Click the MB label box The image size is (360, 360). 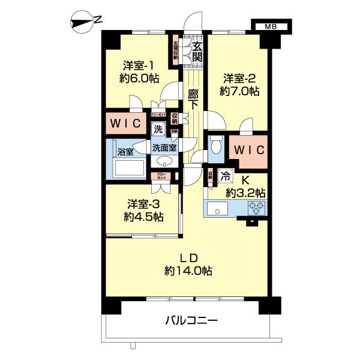click(271, 26)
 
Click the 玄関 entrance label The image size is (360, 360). click(197, 50)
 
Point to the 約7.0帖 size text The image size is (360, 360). click(239, 91)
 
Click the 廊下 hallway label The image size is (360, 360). click(193, 99)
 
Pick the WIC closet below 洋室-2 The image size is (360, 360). click(247, 148)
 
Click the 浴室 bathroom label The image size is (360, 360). click(125, 151)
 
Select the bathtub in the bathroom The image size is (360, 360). click(130, 168)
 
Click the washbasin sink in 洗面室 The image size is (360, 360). click(164, 161)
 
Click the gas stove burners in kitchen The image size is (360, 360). click(256, 209)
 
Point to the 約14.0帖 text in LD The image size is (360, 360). click(188, 271)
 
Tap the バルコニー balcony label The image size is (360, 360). click(191, 320)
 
